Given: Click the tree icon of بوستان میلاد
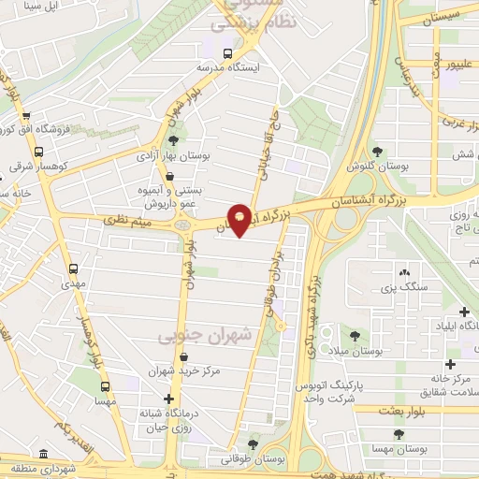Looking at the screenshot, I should coord(355,335).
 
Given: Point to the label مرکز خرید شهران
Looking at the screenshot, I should coord(184,371).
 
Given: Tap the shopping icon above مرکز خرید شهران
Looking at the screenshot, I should coord(183,356).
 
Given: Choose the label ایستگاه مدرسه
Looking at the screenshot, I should coord(229,68).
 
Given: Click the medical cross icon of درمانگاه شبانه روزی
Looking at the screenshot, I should coord(167,400).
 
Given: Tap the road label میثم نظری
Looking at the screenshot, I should coord(127,222).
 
